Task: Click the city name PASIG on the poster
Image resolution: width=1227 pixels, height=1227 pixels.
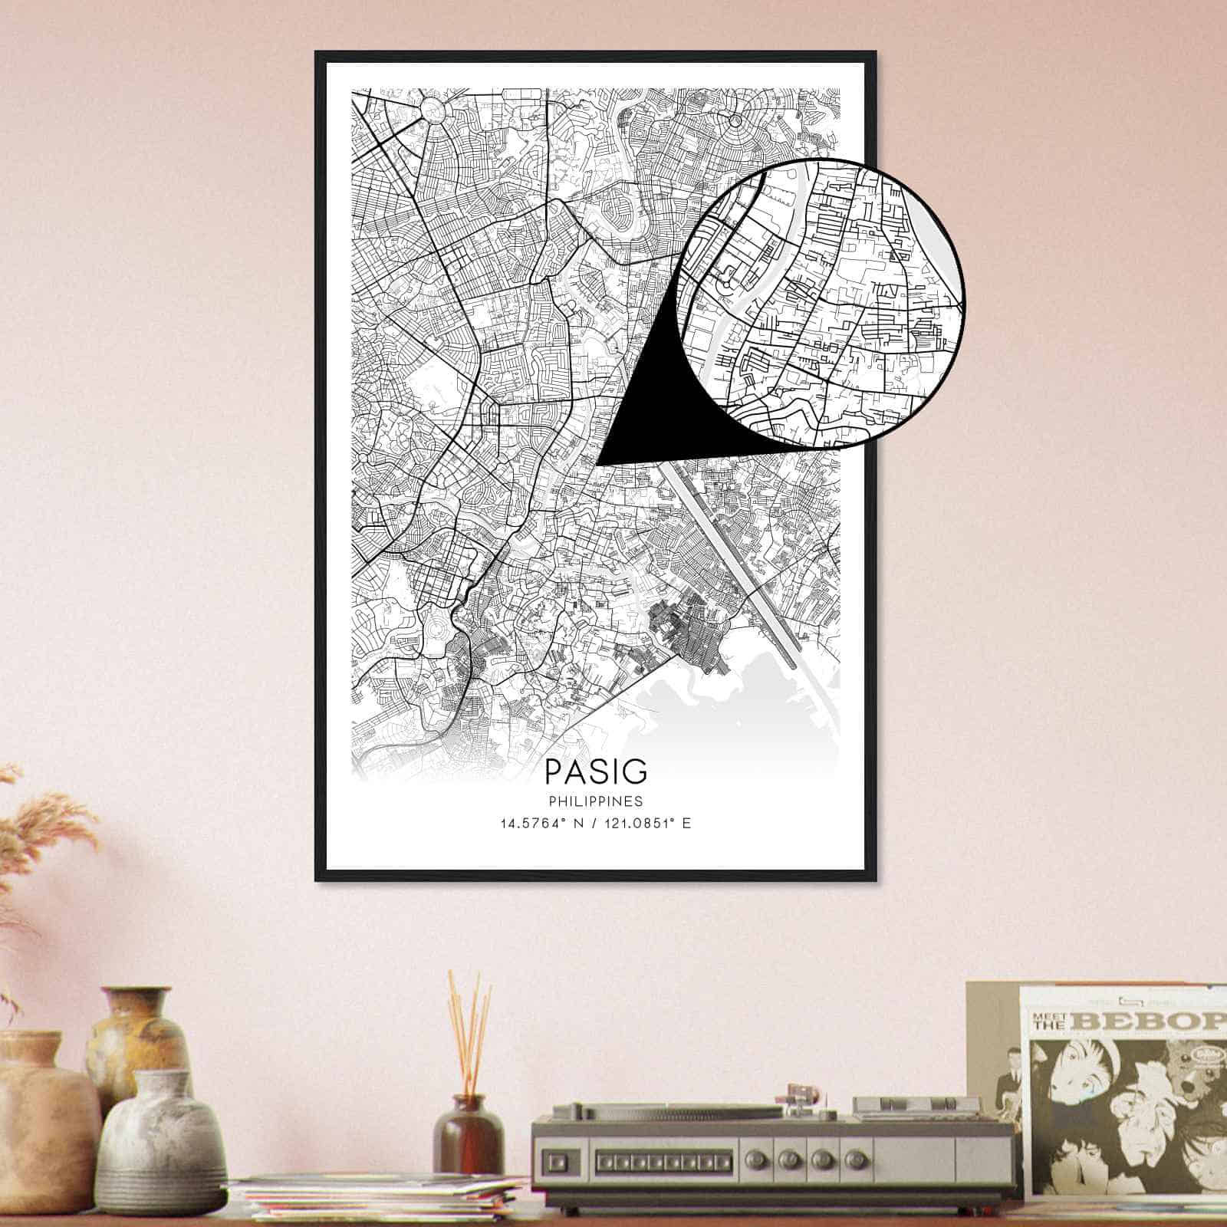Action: tap(596, 771)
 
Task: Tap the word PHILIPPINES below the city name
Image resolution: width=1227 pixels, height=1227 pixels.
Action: tap(596, 801)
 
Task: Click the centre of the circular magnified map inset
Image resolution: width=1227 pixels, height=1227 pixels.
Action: tap(821, 303)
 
